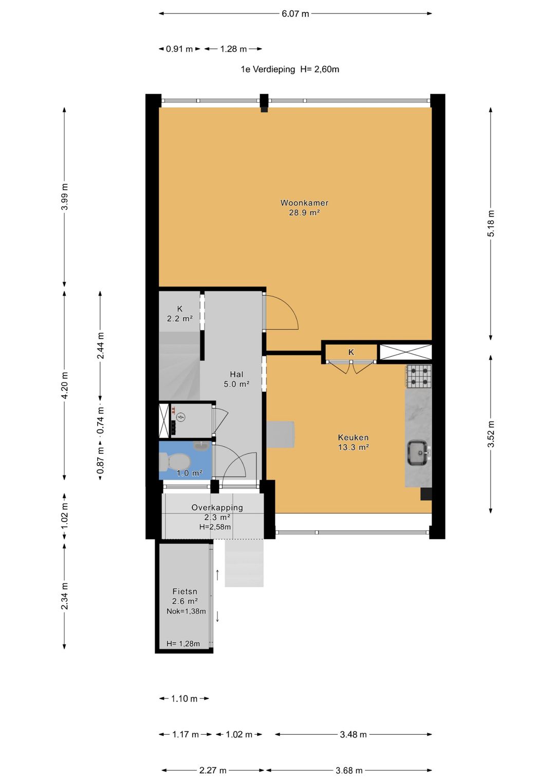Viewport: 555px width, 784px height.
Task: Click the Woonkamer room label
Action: (x=304, y=203)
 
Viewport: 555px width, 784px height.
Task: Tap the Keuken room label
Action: (x=353, y=437)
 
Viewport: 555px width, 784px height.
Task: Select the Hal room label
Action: (x=236, y=374)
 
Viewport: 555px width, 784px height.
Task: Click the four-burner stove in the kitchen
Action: (x=419, y=376)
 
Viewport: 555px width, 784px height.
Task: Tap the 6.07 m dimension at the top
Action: (x=295, y=14)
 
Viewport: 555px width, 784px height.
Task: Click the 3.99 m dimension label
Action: (x=64, y=197)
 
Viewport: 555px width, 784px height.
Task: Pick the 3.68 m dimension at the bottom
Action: (x=349, y=770)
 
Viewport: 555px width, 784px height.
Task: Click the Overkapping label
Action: (x=217, y=507)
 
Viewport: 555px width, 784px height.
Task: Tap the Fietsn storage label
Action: (x=184, y=591)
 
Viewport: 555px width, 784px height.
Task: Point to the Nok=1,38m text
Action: (x=186, y=611)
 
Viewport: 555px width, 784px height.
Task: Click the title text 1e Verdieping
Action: (x=268, y=69)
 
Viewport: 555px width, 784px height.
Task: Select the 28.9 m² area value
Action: (x=304, y=213)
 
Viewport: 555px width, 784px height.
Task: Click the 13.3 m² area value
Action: (x=353, y=447)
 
